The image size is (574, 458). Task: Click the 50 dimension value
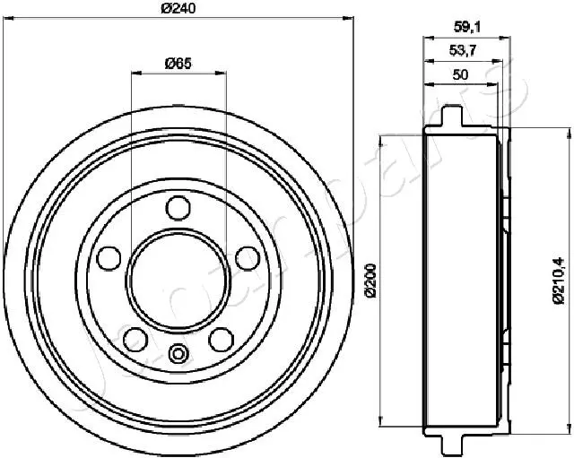(x=460, y=75)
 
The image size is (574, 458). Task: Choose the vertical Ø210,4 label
(x=558, y=281)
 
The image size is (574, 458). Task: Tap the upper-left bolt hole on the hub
(x=109, y=258)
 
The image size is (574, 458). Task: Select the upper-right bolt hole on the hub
(x=245, y=258)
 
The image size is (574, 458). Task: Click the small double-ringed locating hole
(x=177, y=353)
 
